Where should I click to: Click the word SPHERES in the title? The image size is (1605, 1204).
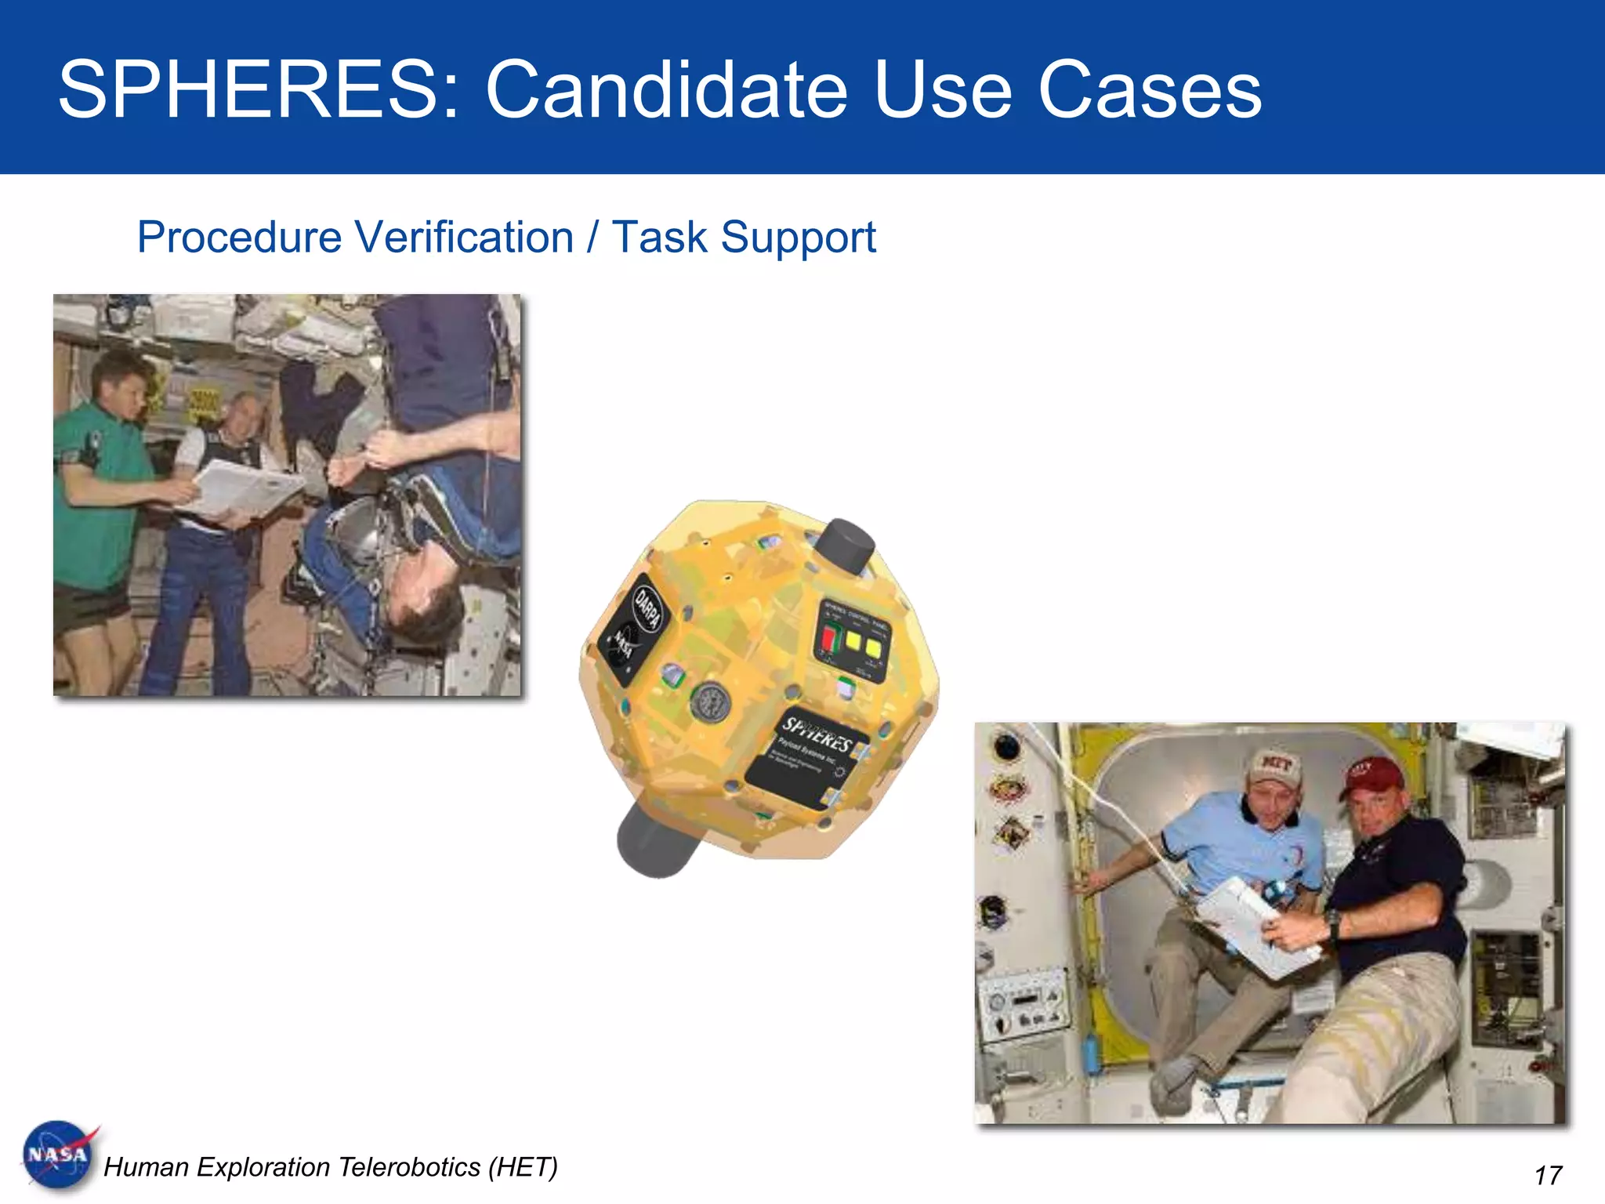pos(247,90)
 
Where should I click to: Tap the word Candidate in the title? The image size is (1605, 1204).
pos(666,90)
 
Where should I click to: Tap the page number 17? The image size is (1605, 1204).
pos(1548,1175)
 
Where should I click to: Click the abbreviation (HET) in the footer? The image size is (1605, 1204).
pos(523,1167)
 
